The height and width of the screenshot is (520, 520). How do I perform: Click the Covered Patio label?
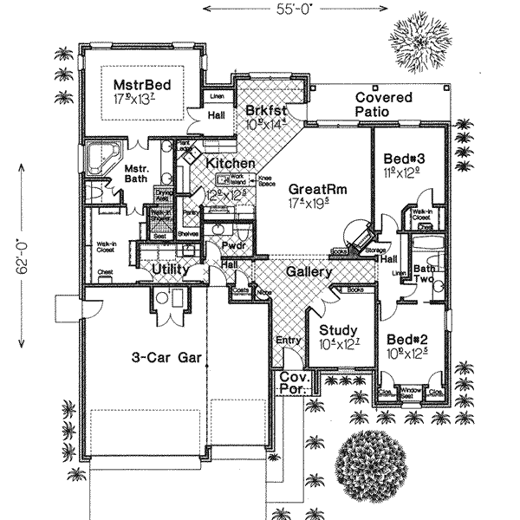click(x=384, y=105)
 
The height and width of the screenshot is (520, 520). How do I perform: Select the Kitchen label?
click(x=230, y=163)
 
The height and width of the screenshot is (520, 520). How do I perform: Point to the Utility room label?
click(x=172, y=271)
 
